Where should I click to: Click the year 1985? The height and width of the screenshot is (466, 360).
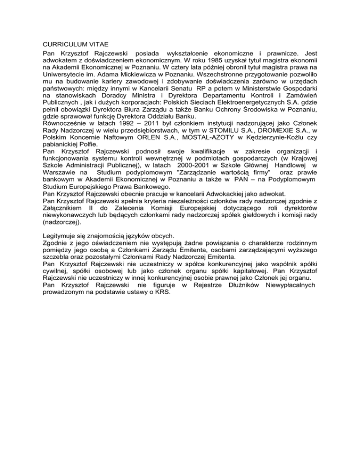(x=245, y=61)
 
